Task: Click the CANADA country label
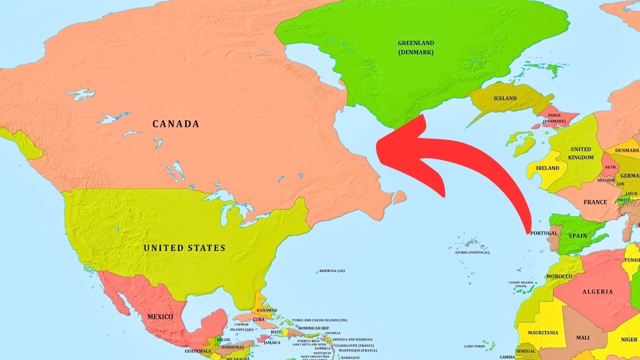tap(175, 124)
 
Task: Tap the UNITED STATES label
tap(184, 248)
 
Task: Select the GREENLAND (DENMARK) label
tap(415, 47)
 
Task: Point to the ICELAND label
tap(505, 98)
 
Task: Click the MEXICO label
tap(160, 317)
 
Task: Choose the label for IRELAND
tap(547, 168)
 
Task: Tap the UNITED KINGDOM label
tap(581, 153)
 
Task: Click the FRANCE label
tap(595, 202)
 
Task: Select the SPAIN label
tap(578, 236)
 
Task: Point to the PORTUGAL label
tap(543, 233)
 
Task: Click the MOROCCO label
tap(559, 276)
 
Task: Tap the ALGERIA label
tap(597, 292)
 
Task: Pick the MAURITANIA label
tap(543, 333)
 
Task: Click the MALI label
tap(582, 338)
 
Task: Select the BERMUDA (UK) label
tap(332, 271)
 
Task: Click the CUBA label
tap(258, 319)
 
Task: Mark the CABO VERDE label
tap(474, 346)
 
